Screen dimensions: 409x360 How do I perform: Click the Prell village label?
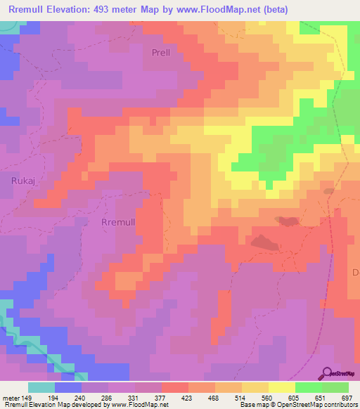point(161,52)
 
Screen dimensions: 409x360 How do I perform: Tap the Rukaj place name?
point(23,181)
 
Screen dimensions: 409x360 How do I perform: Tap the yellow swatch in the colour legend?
point(282,387)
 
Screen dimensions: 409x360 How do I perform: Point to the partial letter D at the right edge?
point(355,271)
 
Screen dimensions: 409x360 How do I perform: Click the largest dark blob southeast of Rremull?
point(264,242)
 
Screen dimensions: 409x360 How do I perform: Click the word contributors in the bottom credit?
point(341,405)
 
